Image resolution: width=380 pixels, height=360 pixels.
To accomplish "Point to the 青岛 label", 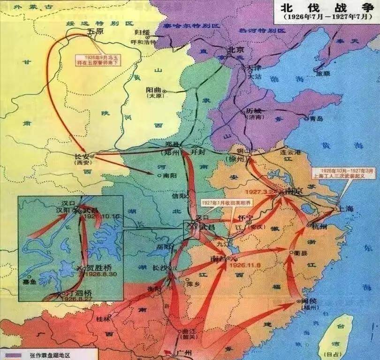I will [x=317, y=118].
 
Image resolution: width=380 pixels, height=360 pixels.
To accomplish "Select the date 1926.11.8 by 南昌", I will [x=244, y=265].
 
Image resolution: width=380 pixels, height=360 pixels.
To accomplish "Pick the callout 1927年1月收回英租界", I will [x=219, y=202].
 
